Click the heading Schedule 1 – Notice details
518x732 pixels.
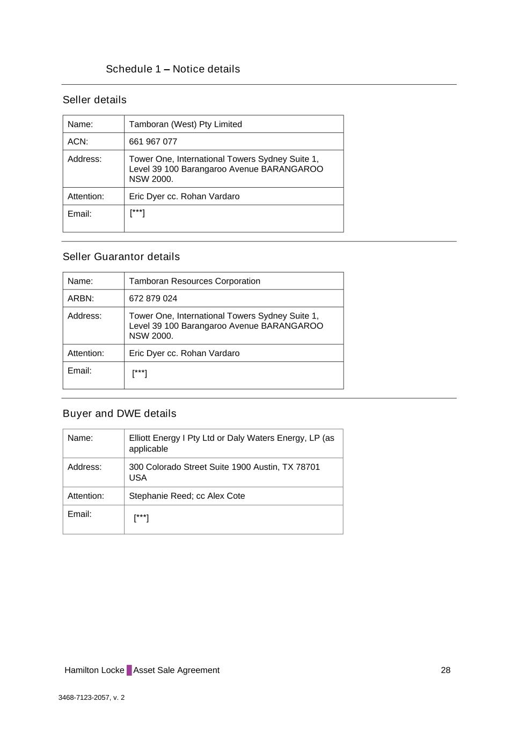pyautogui.click(x=172, y=69)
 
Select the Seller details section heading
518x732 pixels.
pyautogui.click(x=94, y=100)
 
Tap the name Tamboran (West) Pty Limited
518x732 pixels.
pyautogui.click(x=185, y=124)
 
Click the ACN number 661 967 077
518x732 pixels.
pyautogui.click(x=153, y=142)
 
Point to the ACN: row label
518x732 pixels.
pyautogui.click(x=78, y=142)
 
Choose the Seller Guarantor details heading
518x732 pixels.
pyautogui.click(x=121, y=257)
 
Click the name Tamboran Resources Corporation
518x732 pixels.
pyautogui.click(x=194, y=281)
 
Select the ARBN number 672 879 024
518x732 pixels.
pyautogui.click(x=153, y=299)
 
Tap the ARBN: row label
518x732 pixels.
pyautogui.click(x=81, y=299)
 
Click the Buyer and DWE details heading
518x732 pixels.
pyautogui.click(x=119, y=413)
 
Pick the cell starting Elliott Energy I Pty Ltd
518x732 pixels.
pyautogui.click(x=231, y=443)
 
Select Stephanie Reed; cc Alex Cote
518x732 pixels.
pyautogui.click(x=187, y=496)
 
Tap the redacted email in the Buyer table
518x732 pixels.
pyautogui.click(x=141, y=517)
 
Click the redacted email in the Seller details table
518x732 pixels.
pyautogui.click(x=137, y=213)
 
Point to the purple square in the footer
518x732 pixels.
pyautogui.click(x=129, y=670)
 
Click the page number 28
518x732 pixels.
pyautogui.click(x=446, y=670)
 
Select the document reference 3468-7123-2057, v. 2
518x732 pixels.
pyautogui.click(x=91, y=698)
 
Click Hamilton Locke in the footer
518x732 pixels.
pyautogui.click(x=94, y=670)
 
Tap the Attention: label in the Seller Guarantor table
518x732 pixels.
pyautogui.click(x=86, y=353)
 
